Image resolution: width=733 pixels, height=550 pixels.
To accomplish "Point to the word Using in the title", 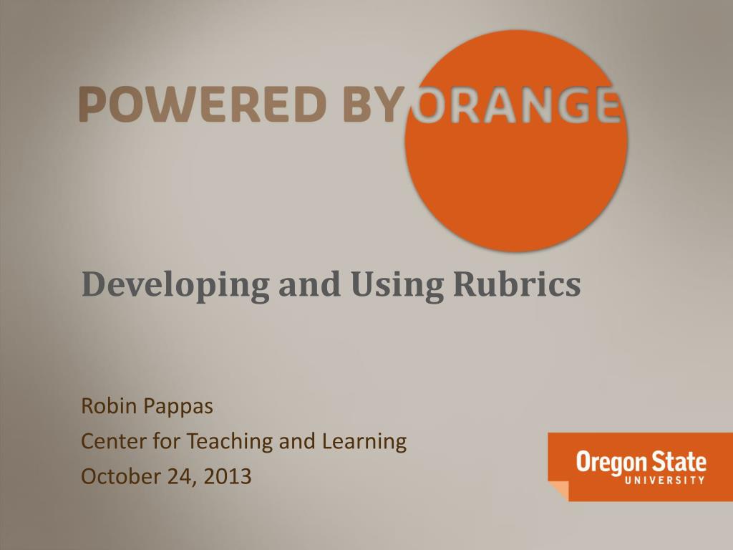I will pos(394,285).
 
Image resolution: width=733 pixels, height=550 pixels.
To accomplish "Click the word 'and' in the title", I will pos(309,284).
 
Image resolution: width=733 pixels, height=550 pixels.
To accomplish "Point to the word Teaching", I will pos(230,442).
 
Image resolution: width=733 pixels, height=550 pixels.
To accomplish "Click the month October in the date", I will pos(121,476).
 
